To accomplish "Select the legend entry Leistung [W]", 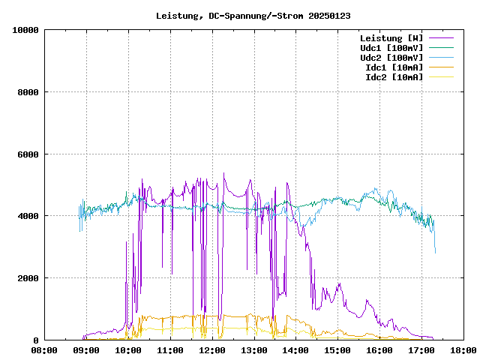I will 391,38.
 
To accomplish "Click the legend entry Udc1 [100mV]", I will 391,48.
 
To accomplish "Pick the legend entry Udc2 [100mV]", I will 391,58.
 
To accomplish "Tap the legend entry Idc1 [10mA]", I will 394,67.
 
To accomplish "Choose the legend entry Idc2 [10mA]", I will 394,77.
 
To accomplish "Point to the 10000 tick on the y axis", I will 25,30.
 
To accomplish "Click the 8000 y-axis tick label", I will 28,92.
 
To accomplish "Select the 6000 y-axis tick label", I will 28,154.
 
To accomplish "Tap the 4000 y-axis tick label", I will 28,216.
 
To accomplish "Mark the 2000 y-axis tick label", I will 28,278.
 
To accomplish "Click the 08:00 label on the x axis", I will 44,350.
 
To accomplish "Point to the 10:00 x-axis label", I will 128,350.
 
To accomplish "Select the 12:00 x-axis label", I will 212,350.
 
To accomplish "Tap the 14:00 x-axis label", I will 295,350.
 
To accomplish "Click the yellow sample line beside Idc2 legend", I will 442,77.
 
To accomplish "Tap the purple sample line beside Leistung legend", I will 442,38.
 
